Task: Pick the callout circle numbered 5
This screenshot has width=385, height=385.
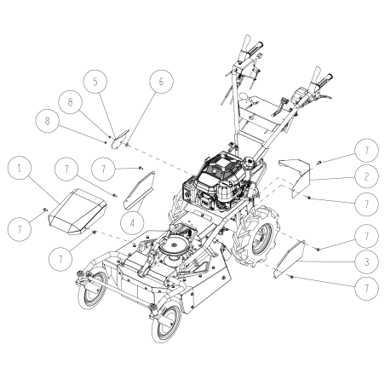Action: point(95,82)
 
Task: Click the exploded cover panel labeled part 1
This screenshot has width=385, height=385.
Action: point(76,210)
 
